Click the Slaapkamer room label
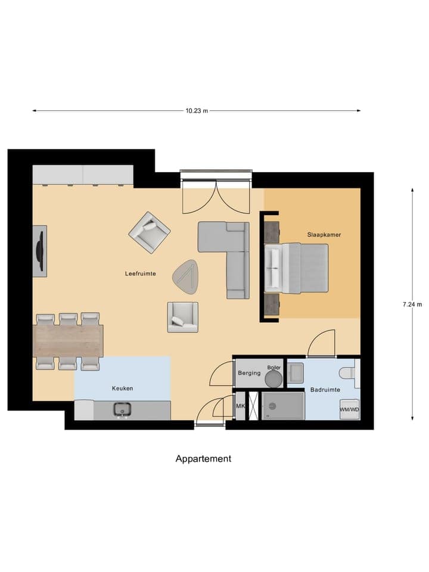click(x=325, y=235)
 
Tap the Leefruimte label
click(x=141, y=273)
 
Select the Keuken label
click(x=122, y=388)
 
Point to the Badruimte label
click(x=325, y=390)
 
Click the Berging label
click(x=249, y=373)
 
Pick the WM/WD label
click(x=349, y=410)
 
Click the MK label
click(x=241, y=406)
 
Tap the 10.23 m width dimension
click(x=197, y=110)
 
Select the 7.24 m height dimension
click(x=412, y=304)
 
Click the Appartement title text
click(x=203, y=458)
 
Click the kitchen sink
click(x=123, y=410)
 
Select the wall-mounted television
click(x=40, y=250)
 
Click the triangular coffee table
click(x=186, y=277)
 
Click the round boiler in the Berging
click(x=274, y=378)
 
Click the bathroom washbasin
click(x=295, y=373)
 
